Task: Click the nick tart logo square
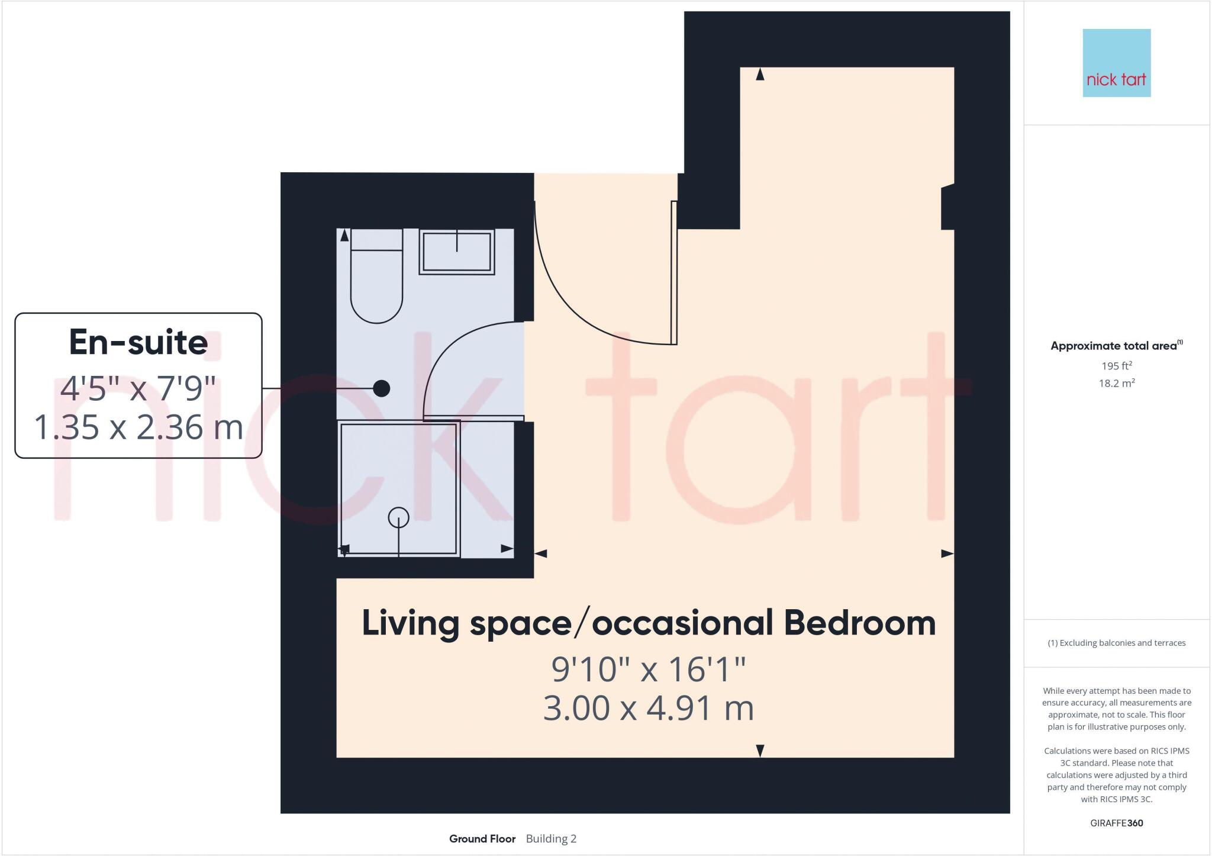[x=1116, y=63]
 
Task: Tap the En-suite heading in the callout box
[x=138, y=343]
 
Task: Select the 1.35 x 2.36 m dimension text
[x=138, y=427]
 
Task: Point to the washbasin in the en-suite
[x=456, y=252]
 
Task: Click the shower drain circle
[x=398, y=517]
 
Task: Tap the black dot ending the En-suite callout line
[x=382, y=388]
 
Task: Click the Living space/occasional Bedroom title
[x=649, y=623]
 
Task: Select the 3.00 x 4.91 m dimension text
[x=649, y=709]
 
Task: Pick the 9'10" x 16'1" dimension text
[x=649, y=670]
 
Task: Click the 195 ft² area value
[x=1116, y=366]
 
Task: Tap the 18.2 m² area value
[x=1116, y=383]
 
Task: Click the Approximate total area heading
[x=1115, y=346]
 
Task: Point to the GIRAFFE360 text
[x=1116, y=823]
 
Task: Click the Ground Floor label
[x=482, y=839]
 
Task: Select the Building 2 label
[x=551, y=839]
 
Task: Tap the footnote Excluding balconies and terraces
[x=1116, y=643]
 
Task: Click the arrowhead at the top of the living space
[x=760, y=74]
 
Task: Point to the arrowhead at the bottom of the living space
[x=760, y=751]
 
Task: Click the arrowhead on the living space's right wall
[x=947, y=553]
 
